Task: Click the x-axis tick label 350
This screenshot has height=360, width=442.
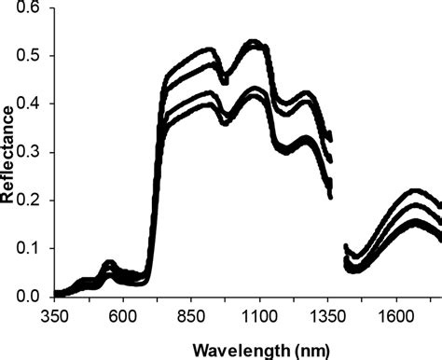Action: click(x=55, y=316)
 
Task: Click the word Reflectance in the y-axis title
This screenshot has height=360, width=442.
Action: click(x=10, y=153)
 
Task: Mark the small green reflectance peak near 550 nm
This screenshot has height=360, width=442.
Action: click(x=108, y=263)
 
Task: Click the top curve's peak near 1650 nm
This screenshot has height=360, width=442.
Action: click(x=416, y=190)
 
